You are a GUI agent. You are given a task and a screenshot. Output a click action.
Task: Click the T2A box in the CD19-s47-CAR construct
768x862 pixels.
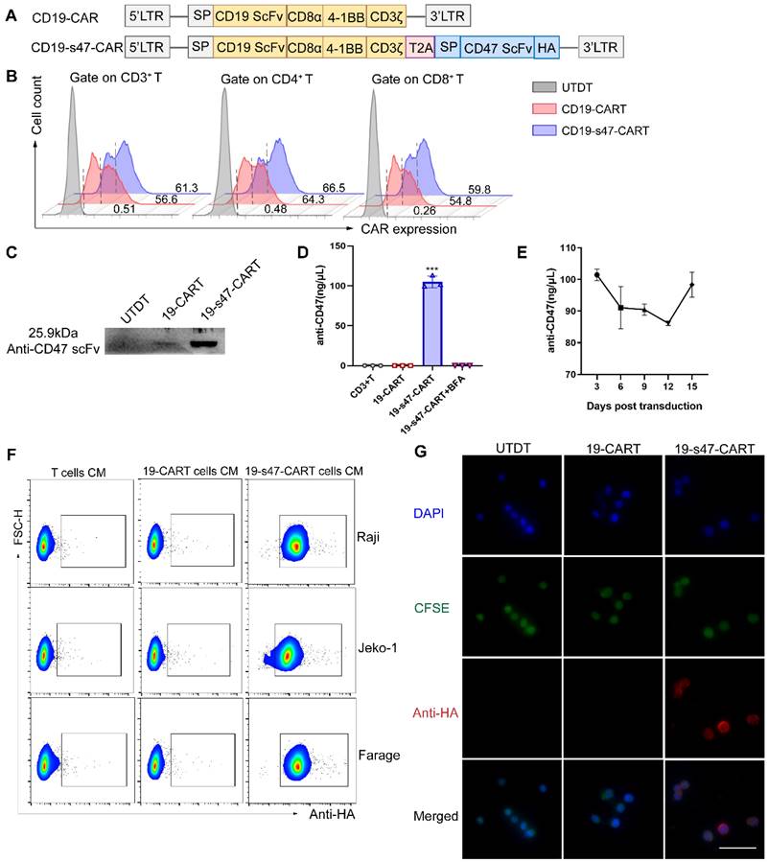(x=420, y=46)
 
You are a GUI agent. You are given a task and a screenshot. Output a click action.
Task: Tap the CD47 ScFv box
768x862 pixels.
(x=495, y=46)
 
